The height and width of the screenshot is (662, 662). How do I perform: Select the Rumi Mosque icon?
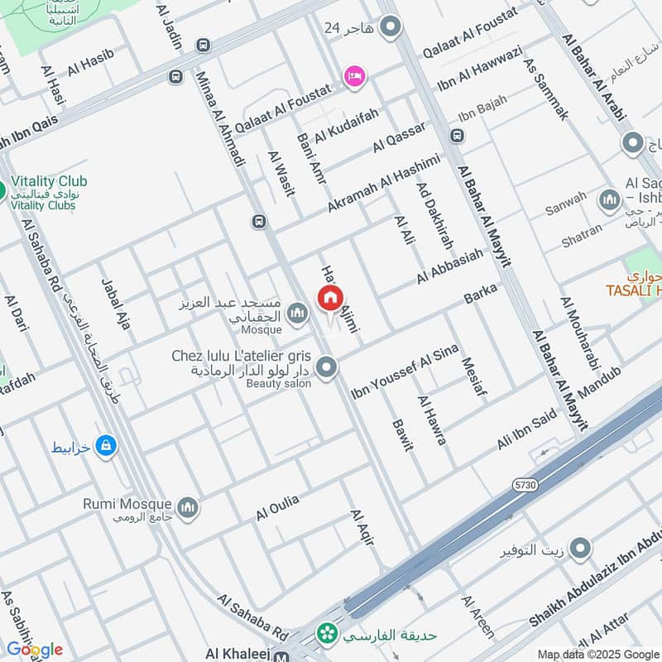coord(188,506)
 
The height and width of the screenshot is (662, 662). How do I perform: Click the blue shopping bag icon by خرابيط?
coord(105,447)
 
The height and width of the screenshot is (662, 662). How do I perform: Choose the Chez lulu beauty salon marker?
coord(327,367)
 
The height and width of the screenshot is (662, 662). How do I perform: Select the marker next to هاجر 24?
coord(391,27)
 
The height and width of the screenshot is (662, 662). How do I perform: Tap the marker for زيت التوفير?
coord(581,549)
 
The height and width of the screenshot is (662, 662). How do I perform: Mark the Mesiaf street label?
coord(473,377)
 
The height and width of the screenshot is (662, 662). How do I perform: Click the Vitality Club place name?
coord(50,181)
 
